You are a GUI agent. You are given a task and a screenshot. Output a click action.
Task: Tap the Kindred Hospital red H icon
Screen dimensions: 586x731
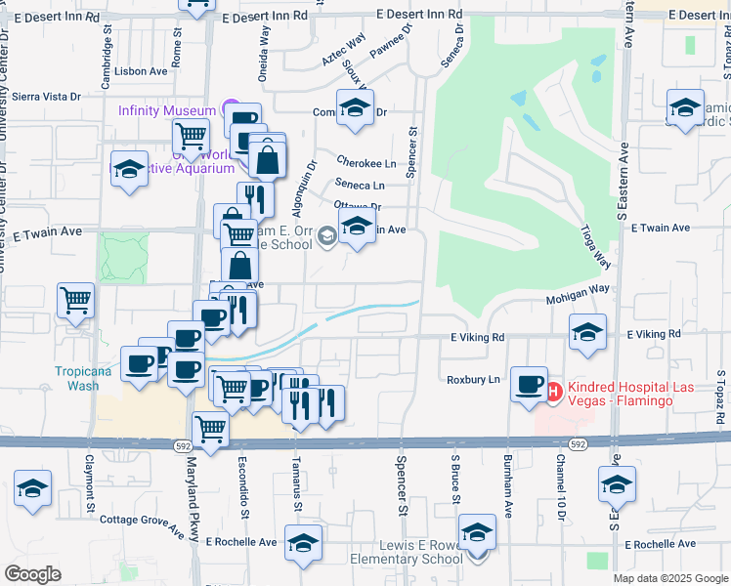(552, 393)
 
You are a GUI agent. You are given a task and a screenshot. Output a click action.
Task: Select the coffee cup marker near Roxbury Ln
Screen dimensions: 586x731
(529, 383)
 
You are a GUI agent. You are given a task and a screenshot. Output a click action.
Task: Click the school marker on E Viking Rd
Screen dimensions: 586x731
(587, 332)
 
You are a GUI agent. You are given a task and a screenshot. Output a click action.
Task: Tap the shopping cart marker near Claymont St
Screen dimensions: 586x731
(75, 302)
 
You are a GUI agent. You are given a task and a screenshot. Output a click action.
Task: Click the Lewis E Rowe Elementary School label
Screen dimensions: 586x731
(420, 552)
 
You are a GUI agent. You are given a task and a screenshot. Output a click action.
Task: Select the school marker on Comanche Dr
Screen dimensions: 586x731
(355, 107)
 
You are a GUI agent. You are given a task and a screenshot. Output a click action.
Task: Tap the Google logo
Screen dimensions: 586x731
(32, 573)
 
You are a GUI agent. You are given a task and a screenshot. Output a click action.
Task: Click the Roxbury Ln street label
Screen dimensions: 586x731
(473, 379)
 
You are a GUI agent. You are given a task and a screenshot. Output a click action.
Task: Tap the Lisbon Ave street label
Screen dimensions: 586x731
(141, 71)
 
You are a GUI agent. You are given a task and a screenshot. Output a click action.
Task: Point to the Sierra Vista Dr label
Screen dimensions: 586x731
(45, 97)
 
